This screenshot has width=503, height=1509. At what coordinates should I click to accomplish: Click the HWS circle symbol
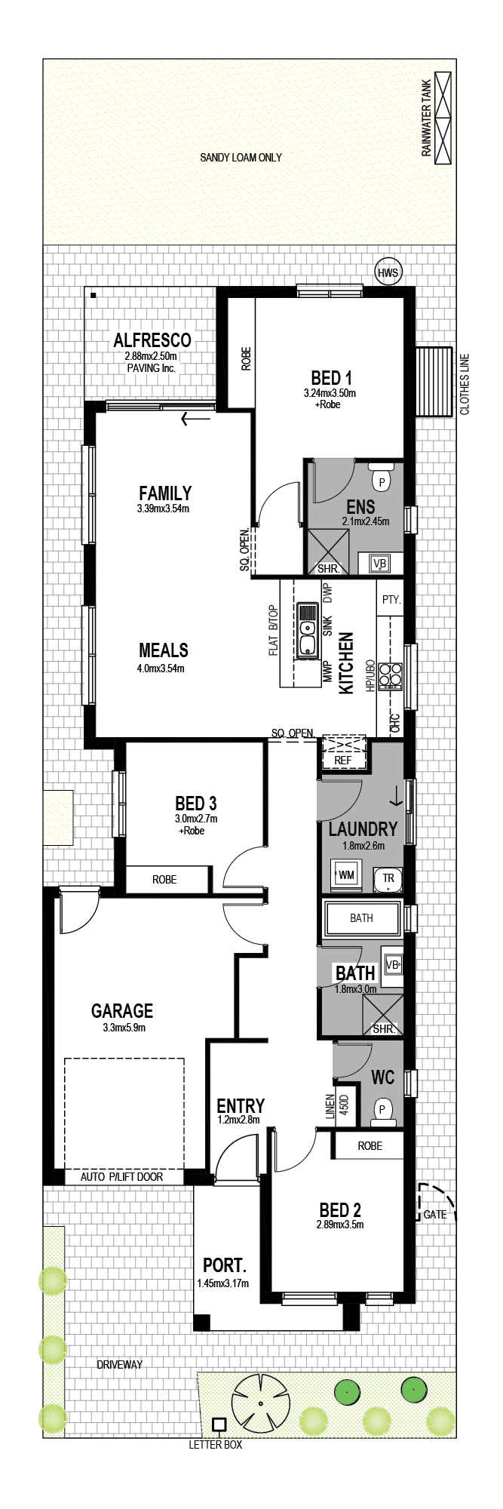[x=388, y=272]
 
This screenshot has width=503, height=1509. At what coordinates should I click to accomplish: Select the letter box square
[x=219, y=1424]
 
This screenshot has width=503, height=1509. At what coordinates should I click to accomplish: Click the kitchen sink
[x=307, y=630]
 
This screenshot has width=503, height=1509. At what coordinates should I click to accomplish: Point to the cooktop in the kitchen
[x=390, y=675]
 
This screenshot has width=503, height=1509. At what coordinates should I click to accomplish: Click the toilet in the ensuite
[x=382, y=479]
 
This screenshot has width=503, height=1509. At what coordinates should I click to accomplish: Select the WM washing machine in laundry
[x=345, y=875]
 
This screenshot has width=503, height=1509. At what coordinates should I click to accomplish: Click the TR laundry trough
[x=388, y=878]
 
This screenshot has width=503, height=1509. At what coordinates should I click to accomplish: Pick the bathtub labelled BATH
[x=361, y=918]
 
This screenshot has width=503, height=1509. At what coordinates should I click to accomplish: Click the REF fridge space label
[x=342, y=761]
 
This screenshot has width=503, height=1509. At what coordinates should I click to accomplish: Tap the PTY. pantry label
[x=391, y=600]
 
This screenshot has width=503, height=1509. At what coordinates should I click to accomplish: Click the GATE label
[x=435, y=1215]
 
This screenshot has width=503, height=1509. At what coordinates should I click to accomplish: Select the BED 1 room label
[x=331, y=377]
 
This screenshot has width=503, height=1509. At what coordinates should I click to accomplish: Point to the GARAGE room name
[x=122, y=1010]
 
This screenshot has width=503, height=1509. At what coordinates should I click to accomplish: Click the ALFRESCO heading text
[x=152, y=340]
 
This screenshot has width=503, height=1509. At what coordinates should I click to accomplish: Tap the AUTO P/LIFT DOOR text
[x=121, y=1176]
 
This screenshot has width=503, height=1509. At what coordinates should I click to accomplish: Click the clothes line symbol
[x=434, y=381]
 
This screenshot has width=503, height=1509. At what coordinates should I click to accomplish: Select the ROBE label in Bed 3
[x=164, y=880]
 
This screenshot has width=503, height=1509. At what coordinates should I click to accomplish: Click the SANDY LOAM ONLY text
[x=241, y=158]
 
